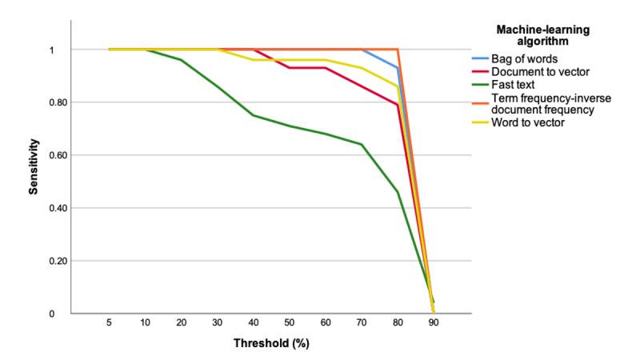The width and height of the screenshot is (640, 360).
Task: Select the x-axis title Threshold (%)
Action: click(271, 344)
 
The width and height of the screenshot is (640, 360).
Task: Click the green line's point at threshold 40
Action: click(254, 115)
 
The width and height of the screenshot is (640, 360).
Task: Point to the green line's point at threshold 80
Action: click(398, 192)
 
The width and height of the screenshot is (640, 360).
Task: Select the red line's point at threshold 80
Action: click(398, 105)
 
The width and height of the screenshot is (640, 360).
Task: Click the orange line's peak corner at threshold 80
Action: click(398, 50)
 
